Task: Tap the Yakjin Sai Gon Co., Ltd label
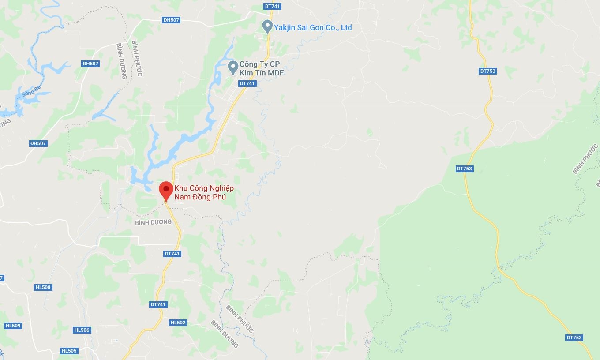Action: click(313, 27)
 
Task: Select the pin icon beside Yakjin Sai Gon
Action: click(267, 26)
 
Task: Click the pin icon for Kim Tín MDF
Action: click(233, 67)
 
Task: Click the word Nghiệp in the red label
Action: click(218, 188)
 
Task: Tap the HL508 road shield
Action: click(43, 287)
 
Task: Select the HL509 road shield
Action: click(13, 326)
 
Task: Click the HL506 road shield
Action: click(82, 330)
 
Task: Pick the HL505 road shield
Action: click(69, 351)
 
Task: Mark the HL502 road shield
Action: click(178, 322)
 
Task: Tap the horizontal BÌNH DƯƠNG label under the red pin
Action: click(153, 222)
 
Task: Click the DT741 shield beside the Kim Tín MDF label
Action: click(247, 83)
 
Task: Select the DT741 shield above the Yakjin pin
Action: click(272, 6)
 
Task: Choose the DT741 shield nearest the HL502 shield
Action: click(158, 304)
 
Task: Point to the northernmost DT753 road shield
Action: click(488, 71)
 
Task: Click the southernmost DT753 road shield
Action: click(574, 337)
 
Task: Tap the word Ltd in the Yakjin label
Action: click(346, 27)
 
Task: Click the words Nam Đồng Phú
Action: click(200, 197)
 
